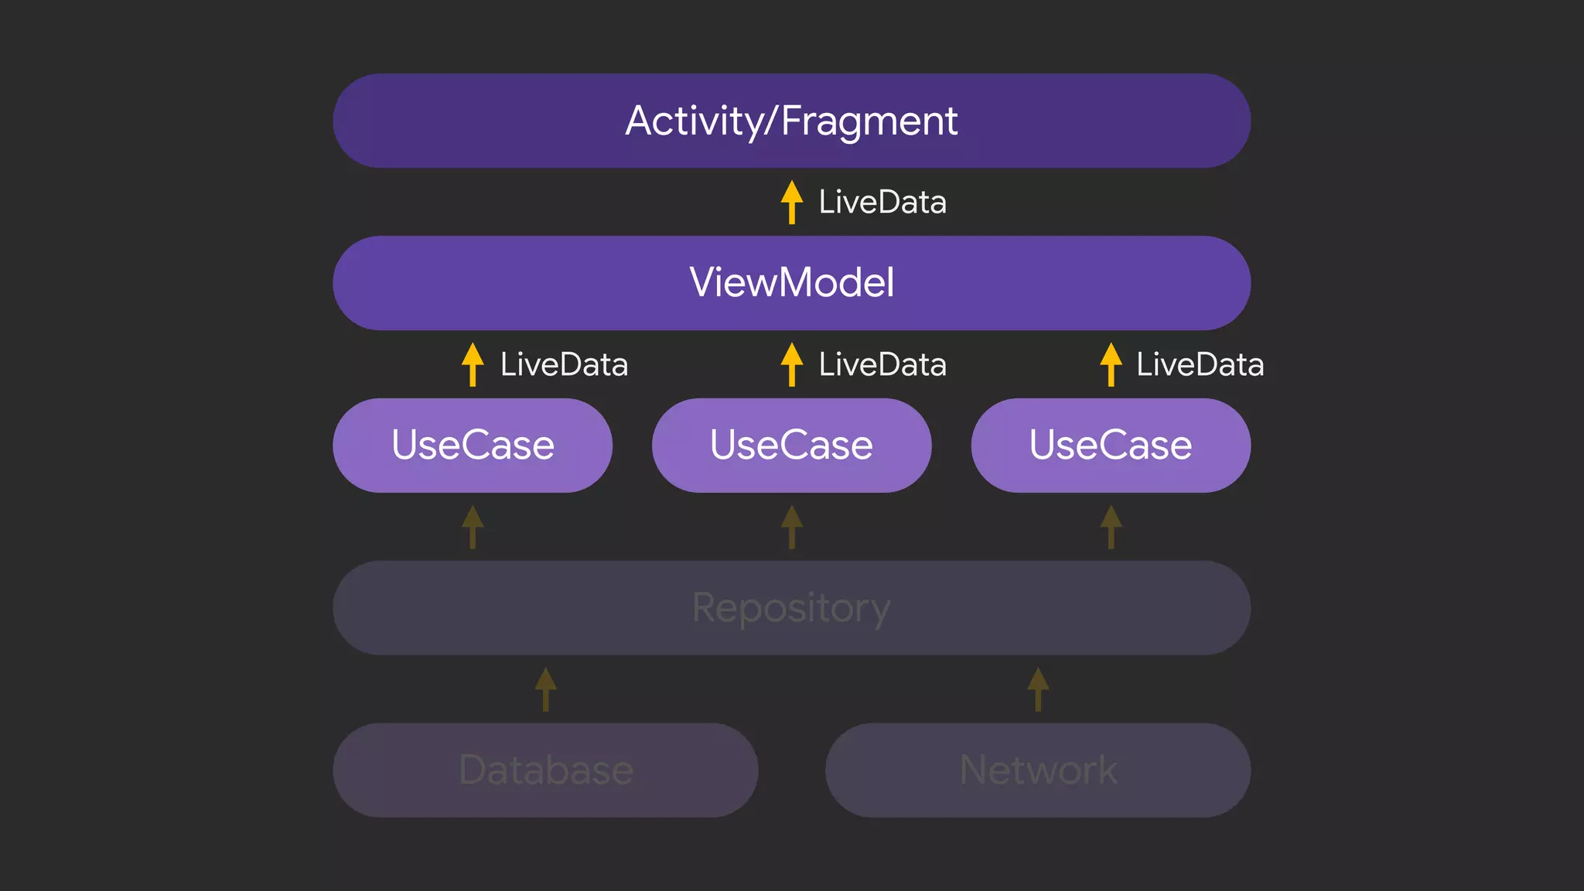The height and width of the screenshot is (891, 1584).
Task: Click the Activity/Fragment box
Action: click(791, 121)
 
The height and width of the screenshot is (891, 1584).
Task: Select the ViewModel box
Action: click(791, 283)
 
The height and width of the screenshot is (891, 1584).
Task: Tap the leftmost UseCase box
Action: click(473, 445)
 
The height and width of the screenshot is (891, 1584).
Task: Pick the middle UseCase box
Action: click(791, 445)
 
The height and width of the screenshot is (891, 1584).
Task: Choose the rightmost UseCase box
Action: click(1111, 445)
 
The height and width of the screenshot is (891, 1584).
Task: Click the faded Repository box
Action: click(791, 608)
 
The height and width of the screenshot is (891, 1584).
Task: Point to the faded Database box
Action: click(545, 770)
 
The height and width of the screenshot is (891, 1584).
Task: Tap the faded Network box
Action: click(1038, 770)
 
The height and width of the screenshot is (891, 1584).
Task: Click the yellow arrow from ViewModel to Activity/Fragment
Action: click(791, 202)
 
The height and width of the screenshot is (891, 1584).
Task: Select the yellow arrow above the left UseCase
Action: click(473, 364)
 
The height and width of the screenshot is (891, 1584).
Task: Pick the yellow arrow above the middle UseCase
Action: click(791, 364)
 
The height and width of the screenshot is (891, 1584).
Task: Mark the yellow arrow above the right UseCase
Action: click(1111, 364)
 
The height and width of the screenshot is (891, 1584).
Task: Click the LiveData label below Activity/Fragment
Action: click(882, 203)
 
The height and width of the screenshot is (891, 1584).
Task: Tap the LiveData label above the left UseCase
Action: click(564, 365)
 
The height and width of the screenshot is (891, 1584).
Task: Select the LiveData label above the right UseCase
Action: click(1200, 365)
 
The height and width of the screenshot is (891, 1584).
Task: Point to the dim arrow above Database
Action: click(545, 689)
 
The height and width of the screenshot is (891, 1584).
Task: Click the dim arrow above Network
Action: click(1038, 689)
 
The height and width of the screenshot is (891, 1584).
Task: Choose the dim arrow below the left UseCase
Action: click(473, 527)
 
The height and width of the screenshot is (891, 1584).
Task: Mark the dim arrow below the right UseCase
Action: click(1111, 527)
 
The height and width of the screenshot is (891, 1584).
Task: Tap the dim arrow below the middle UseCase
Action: click(791, 527)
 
